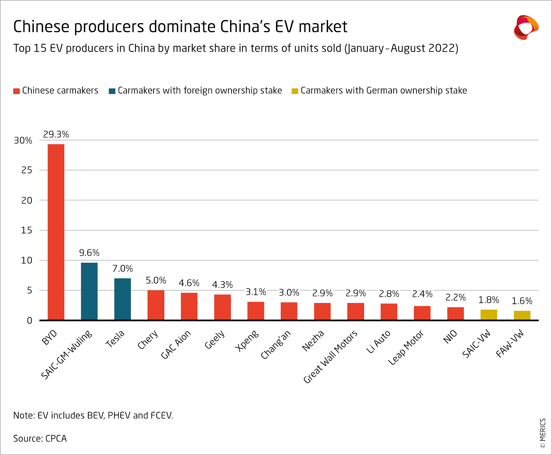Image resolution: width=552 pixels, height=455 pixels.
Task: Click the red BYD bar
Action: click(56, 232)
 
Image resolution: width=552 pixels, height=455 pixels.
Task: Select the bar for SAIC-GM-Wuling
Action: click(89, 291)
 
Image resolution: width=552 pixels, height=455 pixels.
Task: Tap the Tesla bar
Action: click(122, 299)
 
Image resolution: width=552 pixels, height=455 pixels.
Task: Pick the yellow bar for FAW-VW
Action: click(522, 316)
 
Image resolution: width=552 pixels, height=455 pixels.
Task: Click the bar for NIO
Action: click(455, 313)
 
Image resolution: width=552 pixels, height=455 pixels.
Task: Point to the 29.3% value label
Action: click(56, 134)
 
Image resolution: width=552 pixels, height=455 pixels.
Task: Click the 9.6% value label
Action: click(89, 253)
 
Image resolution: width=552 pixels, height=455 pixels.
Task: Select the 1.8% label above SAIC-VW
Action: click(489, 300)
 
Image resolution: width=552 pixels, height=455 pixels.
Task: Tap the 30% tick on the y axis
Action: click(23, 141)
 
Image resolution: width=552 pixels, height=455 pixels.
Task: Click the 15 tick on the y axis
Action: click(27, 230)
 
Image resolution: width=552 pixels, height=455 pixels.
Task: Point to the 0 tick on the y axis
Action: click(30, 320)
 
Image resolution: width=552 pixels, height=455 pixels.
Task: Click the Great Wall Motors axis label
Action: click(330, 357)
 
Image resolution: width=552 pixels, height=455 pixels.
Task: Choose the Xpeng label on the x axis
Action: click(247, 340)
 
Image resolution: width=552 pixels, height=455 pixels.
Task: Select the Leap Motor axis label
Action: click(406, 348)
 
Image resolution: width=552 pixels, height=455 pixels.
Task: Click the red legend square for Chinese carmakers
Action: click(16, 91)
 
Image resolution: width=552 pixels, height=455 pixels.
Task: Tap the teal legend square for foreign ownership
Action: click(112, 91)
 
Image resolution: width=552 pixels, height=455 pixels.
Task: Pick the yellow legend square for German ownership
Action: click(295, 91)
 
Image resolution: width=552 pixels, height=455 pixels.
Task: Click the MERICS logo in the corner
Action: click(526, 27)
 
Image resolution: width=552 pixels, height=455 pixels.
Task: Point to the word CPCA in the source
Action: click(56, 438)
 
